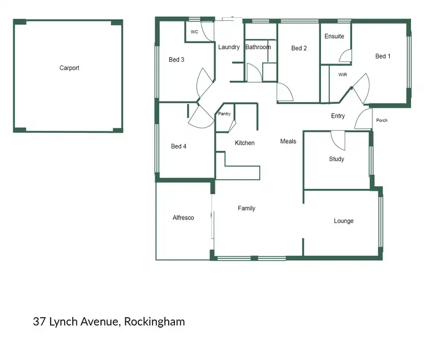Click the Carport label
point(69,68)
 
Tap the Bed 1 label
point(383,56)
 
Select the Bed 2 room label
point(298,48)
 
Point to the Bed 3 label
point(177,60)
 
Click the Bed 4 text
point(178,146)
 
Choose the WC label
point(194,32)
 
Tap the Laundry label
point(229,47)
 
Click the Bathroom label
point(257,47)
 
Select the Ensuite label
point(334,36)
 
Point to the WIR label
point(342,75)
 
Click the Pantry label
point(224,114)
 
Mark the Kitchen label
point(244,143)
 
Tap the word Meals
point(288,141)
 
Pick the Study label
point(337,159)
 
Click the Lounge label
point(344,221)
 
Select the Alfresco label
point(184,218)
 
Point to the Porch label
point(382,121)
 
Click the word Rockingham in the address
point(154,322)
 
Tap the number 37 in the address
point(40,322)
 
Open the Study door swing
point(338,139)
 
